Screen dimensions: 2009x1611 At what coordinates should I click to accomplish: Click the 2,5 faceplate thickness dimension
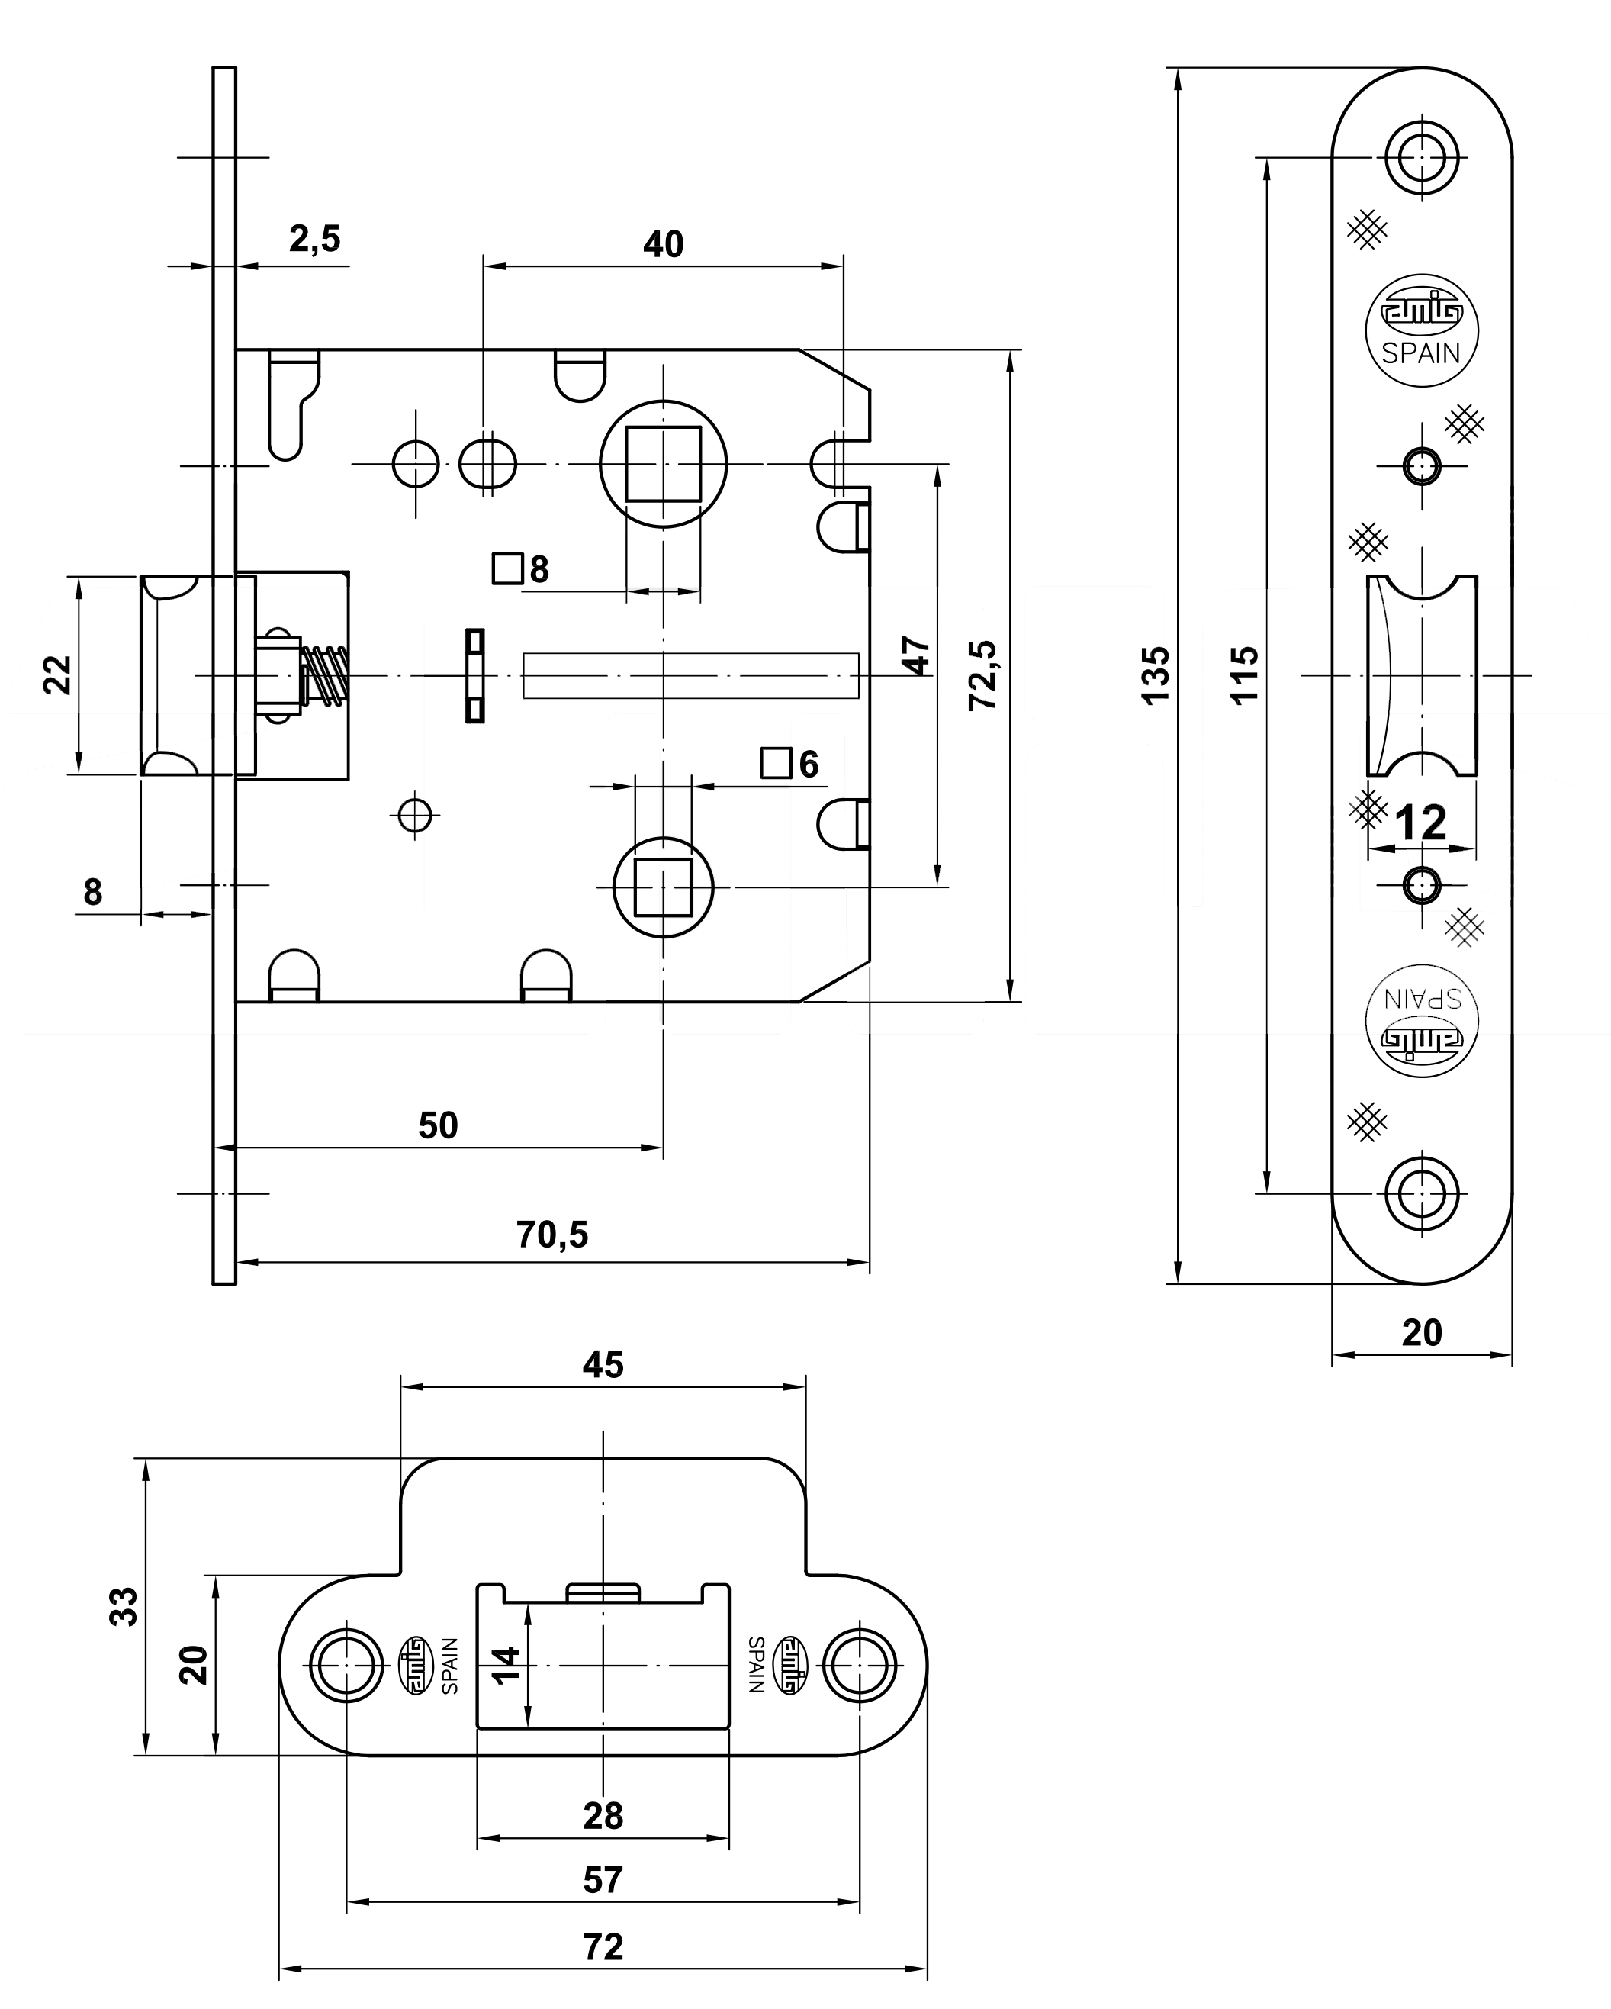pos(314,240)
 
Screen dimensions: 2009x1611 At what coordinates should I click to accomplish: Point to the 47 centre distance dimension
pos(917,655)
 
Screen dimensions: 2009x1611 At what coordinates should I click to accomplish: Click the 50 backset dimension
pos(438,1125)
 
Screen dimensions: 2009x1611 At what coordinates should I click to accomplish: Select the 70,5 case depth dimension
pos(551,1235)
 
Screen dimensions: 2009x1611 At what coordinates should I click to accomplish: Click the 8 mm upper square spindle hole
pos(662,464)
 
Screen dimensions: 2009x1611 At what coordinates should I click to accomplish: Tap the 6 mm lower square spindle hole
pos(662,888)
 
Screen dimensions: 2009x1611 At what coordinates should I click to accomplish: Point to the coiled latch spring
pos(327,674)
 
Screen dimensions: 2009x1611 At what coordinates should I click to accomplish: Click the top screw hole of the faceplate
pos(1421,157)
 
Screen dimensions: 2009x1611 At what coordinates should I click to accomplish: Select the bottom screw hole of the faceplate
pos(1421,1193)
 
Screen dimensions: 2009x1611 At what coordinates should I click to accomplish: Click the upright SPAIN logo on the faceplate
pos(1421,331)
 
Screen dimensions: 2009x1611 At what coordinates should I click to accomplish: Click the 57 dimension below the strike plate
pos(603,1880)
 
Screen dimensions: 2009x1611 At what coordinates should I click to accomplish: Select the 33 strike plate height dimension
pos(124,1605)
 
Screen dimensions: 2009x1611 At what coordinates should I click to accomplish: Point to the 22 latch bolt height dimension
pos(58,674)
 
